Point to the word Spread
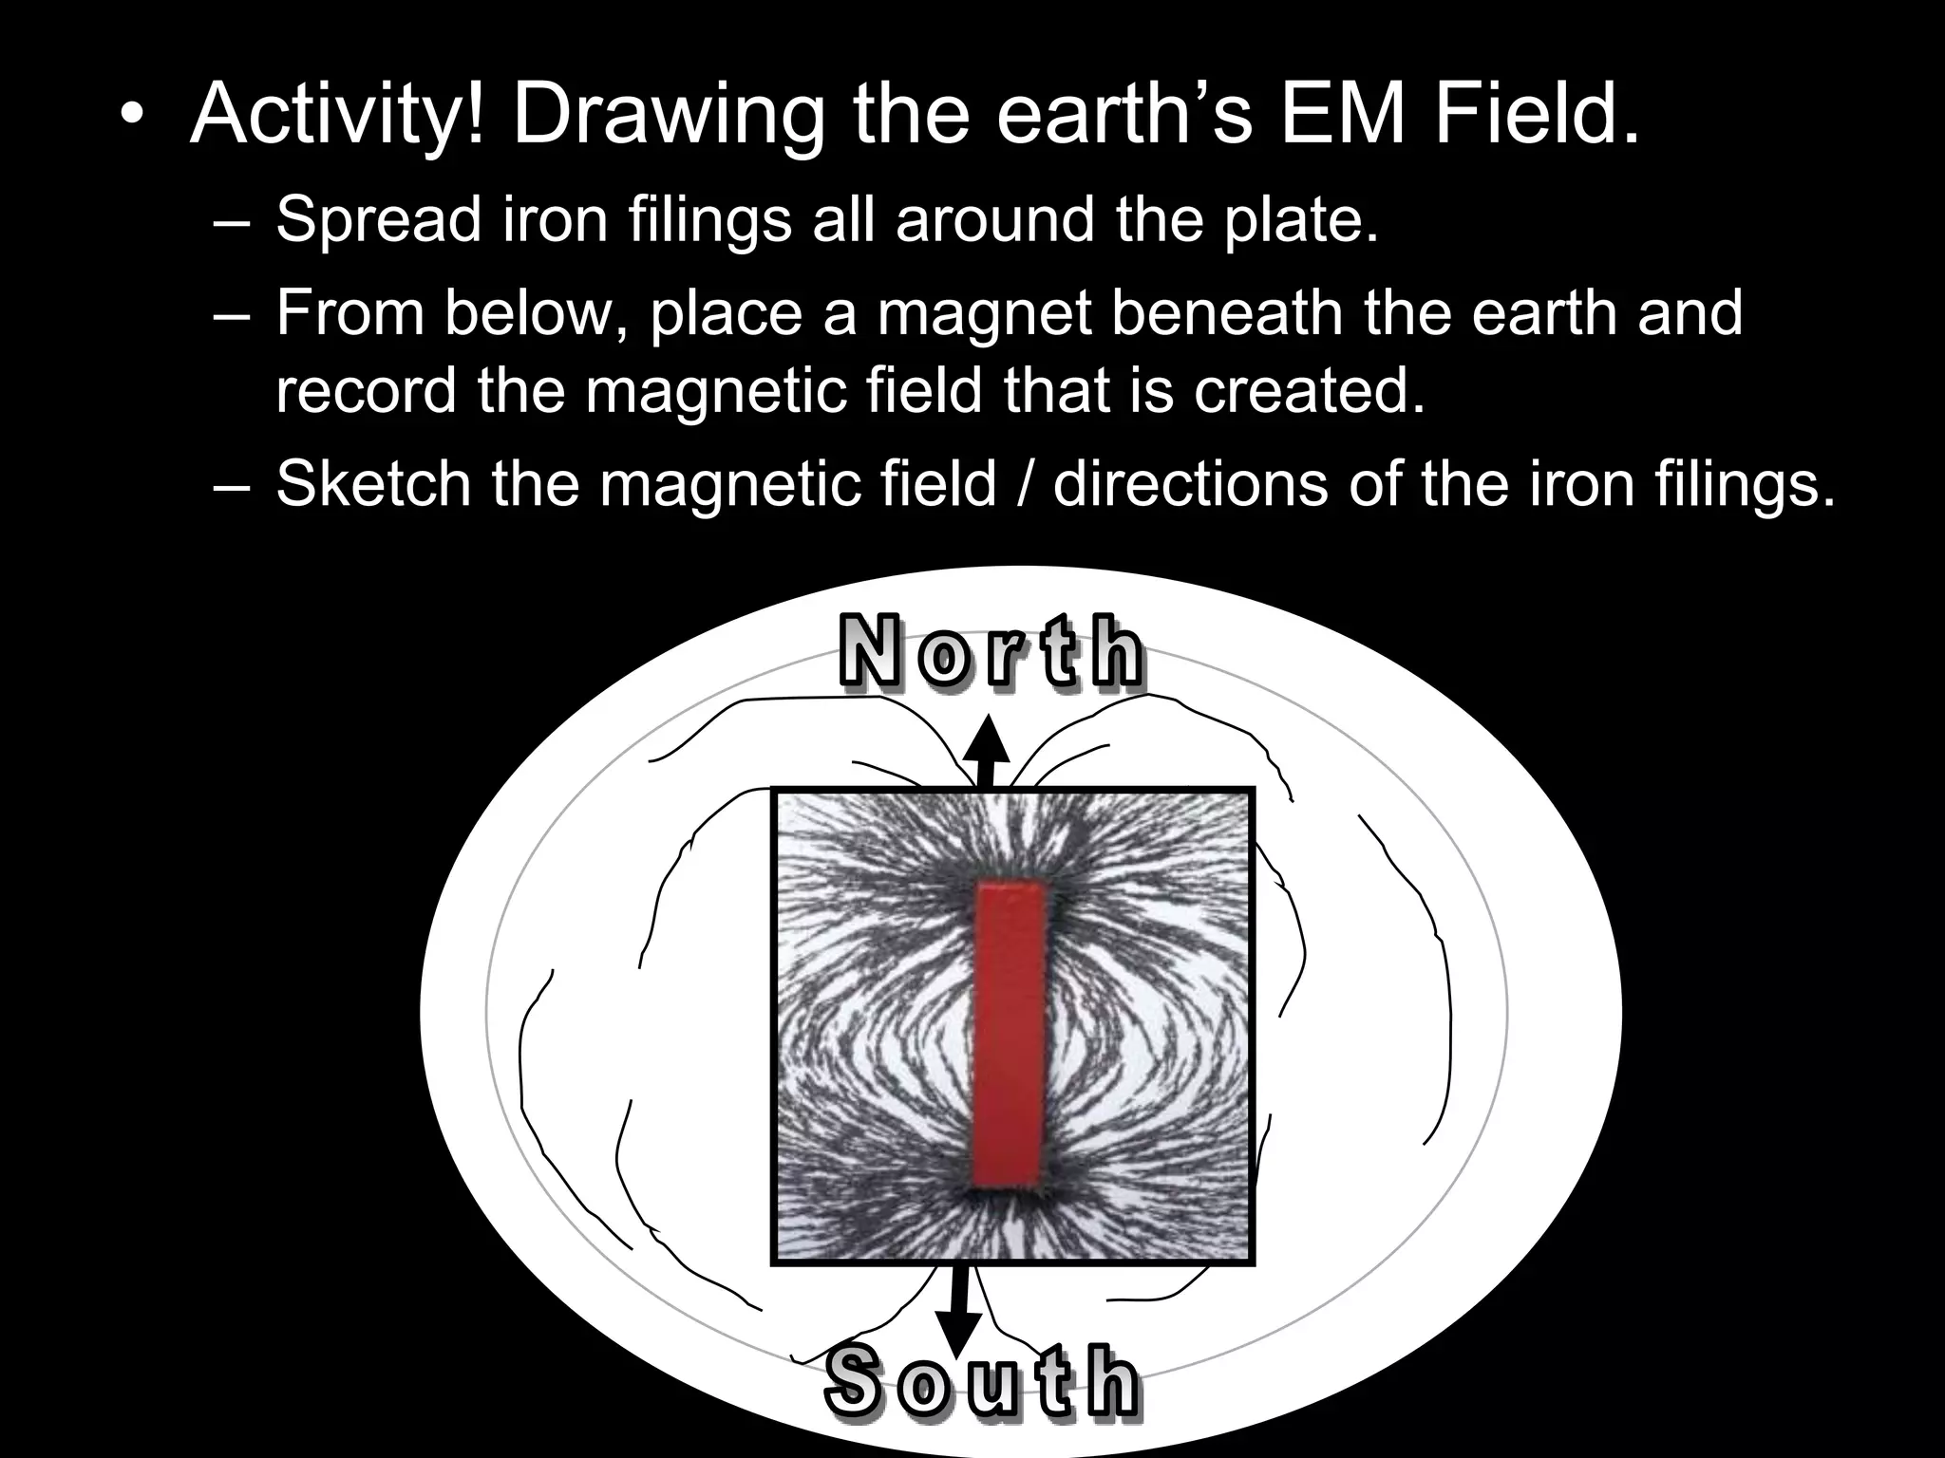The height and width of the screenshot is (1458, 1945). pos(378,220)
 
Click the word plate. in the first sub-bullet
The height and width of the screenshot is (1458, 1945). pos(1300,220)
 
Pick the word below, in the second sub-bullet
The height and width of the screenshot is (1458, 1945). pos(537,313)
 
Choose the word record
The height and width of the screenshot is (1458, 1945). pos(367,391)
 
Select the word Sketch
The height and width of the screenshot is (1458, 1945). pos(373,484)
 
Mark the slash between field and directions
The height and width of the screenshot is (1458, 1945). pos(1025,484)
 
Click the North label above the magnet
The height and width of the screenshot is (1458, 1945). pos(991,652)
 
